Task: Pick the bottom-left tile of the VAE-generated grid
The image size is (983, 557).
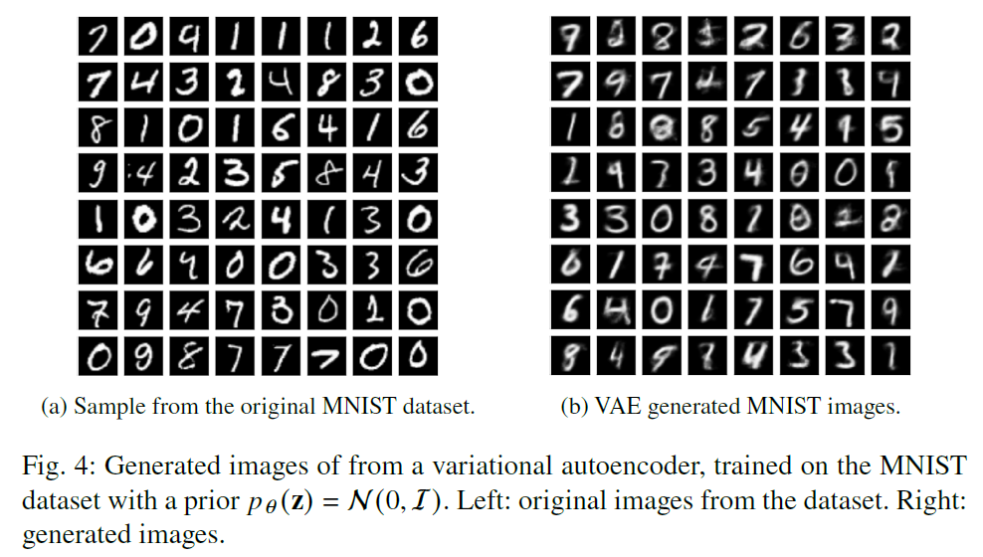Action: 569,355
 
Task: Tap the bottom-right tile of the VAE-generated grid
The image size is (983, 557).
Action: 892,355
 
